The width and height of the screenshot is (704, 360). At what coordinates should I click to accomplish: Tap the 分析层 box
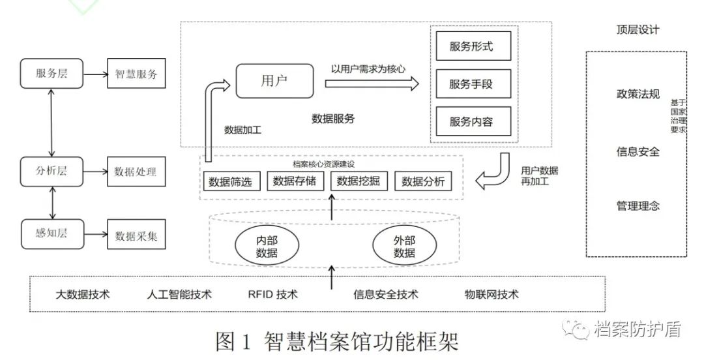[51, 172]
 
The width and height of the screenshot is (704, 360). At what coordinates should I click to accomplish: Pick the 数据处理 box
[136, 172]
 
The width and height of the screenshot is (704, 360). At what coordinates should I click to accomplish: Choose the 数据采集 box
[136, 235]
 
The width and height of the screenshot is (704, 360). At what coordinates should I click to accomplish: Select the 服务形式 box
[472, 46]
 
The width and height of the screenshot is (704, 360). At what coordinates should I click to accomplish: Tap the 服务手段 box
[472, 84]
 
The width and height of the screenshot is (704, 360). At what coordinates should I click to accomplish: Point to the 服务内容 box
[472, 121]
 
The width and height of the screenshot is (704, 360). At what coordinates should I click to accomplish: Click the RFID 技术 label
[273, 294]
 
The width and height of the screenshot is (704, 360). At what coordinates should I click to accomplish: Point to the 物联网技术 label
[491, 294]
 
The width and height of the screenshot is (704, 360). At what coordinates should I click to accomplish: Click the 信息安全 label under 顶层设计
[638, 152]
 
